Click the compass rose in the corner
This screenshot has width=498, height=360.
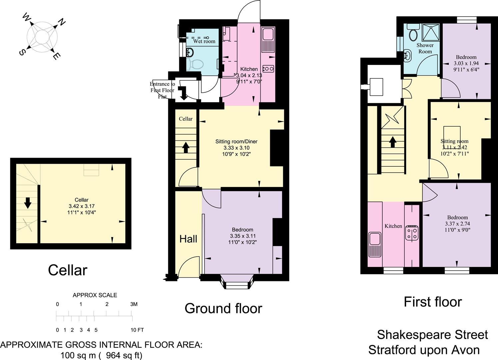[42, 37]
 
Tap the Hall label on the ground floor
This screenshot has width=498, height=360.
[188, 239]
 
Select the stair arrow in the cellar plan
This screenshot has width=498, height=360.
[28, 203]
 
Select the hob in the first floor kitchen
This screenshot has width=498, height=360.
[412, 233]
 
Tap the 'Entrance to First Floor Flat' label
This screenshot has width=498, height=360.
[162, 90]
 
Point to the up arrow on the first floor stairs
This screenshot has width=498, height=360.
[392, 142]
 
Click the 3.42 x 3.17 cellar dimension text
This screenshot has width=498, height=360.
[82, 206]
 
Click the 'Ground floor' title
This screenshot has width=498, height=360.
[223, 308]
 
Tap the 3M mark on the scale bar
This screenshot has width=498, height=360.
[133, 304]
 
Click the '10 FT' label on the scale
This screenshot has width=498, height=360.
[137, 330]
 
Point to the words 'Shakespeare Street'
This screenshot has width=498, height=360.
[432, 334]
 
